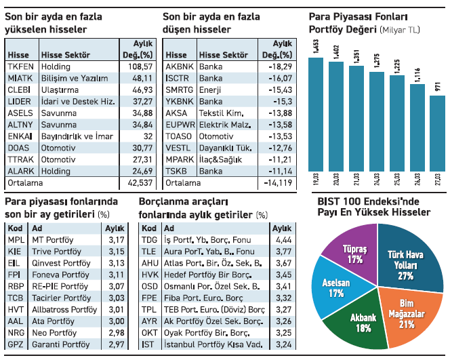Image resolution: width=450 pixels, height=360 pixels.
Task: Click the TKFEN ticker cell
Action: [x=19, y=67]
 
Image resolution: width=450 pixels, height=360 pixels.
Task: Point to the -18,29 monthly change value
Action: [x=279, y=67]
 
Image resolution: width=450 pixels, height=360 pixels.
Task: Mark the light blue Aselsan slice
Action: [x=331, y=289]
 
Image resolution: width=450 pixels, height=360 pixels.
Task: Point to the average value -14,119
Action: [x=277, y=183]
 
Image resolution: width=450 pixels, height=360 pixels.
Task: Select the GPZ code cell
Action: [x=15, y=345]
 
